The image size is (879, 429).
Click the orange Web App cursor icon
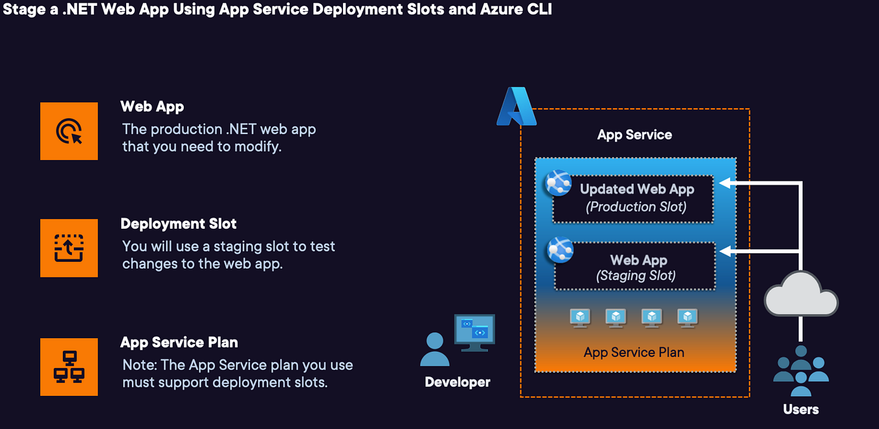(x=69, y=131)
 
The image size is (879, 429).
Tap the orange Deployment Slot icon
(x=69, y=248)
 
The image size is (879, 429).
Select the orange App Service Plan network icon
(x=69, y=367)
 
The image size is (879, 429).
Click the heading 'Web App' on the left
(x=152, y=107)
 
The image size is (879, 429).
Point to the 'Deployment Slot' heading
(x=179, y=224)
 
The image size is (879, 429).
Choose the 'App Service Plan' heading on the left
(x=179, y=343)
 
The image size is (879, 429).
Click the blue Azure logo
(x=517, y=107)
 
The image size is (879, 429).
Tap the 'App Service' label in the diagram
(x=634, y=135)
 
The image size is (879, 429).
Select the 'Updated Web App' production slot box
(x=633, y=198)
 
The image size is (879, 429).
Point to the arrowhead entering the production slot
(x=726, y=183)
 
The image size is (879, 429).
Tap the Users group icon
(x=801, y=370)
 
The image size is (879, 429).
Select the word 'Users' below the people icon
(x=801, y=410)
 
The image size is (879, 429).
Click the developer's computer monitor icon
(x=474, y=332)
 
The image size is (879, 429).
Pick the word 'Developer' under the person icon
(x=457, y=382)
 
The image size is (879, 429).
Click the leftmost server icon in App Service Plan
(x=580, y=318)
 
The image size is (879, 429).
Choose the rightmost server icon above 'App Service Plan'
(x=687, y=318)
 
